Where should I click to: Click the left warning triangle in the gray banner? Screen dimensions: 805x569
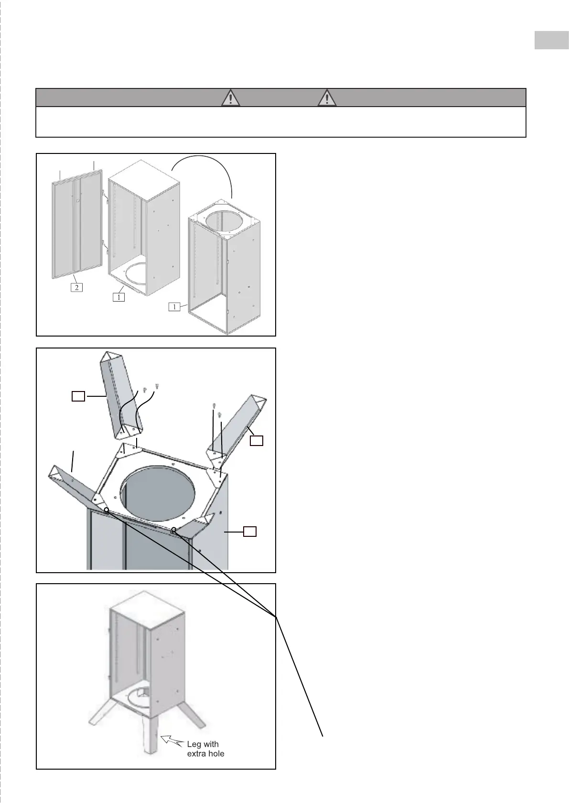pos(231,98)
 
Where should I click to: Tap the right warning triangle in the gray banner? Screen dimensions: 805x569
pos(327,98)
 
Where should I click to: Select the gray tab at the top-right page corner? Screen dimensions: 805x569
pos(551,40)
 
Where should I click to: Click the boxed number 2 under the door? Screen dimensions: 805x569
pos(76,287)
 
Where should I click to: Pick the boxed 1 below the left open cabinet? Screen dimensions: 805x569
pos(118,297)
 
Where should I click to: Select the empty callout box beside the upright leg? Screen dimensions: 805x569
pos(78,396)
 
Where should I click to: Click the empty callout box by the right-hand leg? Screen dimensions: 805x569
pos(257,440)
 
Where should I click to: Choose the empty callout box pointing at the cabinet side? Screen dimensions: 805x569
pos(250,531)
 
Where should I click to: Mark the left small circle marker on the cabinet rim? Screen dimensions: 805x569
pos(107,510)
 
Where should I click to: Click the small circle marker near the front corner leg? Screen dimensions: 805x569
pos(174,529)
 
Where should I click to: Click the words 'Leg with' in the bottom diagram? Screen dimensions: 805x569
pos(203,744)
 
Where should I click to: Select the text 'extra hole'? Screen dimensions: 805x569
pos(205,754)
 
